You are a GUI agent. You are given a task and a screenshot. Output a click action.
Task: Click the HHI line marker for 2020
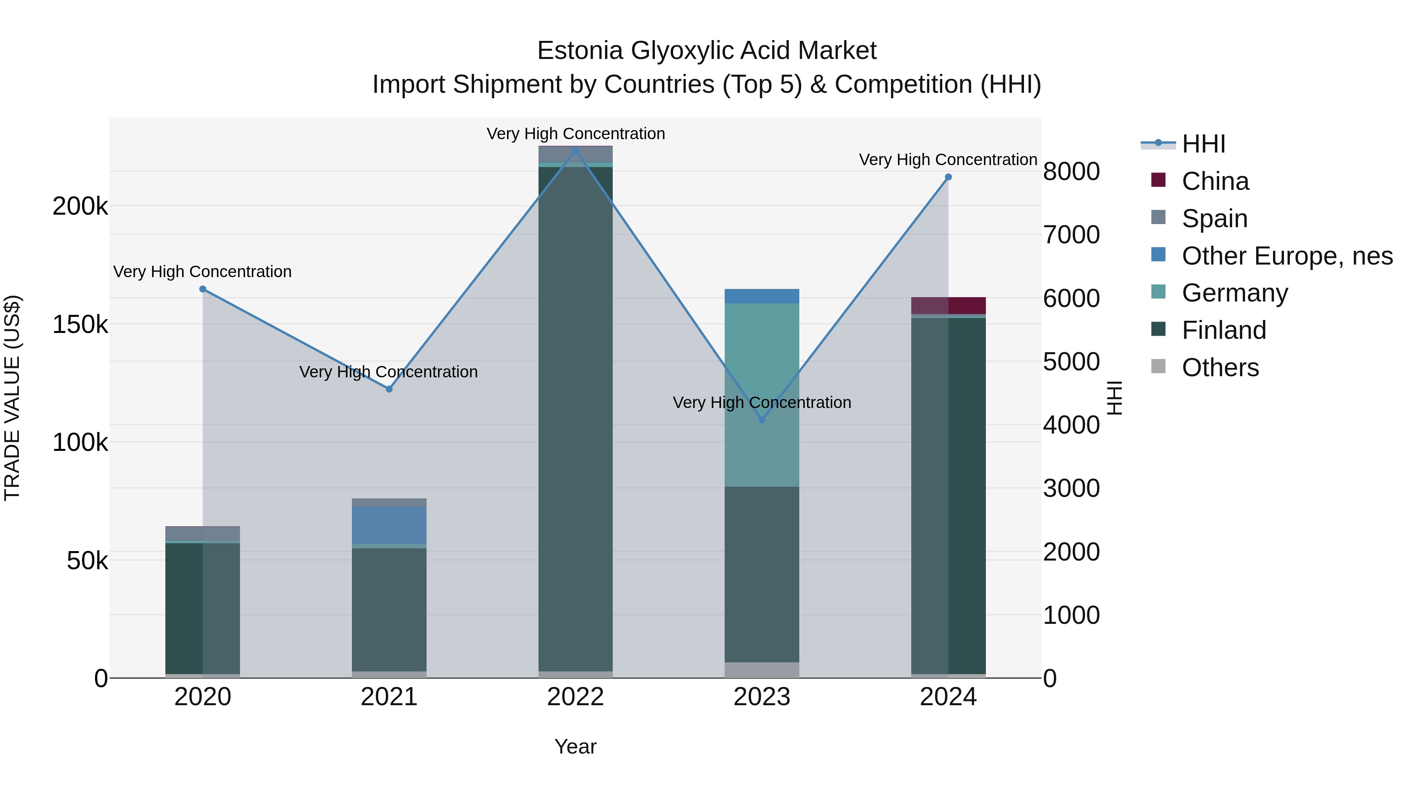[x=203, y=289]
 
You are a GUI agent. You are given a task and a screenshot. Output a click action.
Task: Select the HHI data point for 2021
[x=389, y=389]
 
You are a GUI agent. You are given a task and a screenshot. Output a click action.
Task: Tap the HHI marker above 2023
[x=762, y=420]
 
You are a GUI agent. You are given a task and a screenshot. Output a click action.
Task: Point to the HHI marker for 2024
[x=948, y=177]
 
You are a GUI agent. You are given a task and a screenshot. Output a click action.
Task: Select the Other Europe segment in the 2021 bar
[x=389, y=525]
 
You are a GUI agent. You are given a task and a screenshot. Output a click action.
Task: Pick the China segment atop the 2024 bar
[x=949, y=305]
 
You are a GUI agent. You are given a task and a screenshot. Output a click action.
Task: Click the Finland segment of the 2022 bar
[x=575, y=417]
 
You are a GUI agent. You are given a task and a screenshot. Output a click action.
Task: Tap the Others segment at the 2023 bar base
[x=762, y=670]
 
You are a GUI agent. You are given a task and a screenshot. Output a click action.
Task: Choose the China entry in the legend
[x=1215, y=181]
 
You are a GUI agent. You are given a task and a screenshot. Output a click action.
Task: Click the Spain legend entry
[x=1214, y=219]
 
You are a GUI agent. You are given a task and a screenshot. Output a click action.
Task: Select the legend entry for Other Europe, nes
[x=1287, y=256]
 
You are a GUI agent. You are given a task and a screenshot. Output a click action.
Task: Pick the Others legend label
[x=1220, y=368]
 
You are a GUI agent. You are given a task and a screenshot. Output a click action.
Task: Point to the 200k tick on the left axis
[x=80, y=206]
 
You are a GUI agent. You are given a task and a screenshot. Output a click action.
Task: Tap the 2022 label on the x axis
[x=575, y=697]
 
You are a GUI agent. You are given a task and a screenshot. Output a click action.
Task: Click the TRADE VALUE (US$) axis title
[x=12, y=398]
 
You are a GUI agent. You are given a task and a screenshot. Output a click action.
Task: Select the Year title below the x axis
[x=575, y=746]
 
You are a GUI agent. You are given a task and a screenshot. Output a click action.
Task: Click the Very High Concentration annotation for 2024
[x=948, y=160]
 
